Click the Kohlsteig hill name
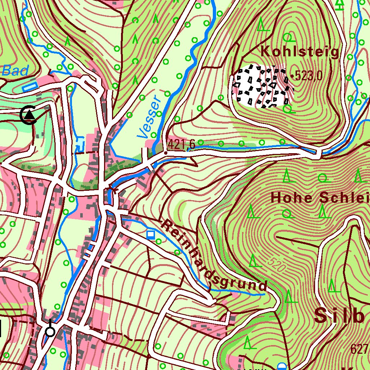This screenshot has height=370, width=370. point(300,52)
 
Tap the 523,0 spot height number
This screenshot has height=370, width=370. point(308,76)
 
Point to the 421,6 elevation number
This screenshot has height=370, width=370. point(181,145)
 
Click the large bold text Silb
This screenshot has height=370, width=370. point(339,315)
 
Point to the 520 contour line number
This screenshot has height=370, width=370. point(277,266)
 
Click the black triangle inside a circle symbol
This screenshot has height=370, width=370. point(29,115)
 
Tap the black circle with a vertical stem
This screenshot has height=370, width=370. point(50,331)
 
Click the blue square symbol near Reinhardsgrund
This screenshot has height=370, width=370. point(151,235)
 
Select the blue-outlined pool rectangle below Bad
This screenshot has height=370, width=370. point(30,87)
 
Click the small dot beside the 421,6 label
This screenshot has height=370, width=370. point(165,153)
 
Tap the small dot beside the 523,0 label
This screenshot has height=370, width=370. point(292,76)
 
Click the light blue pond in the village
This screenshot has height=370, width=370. point(80,143)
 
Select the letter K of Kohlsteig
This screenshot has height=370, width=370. point(265,52)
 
